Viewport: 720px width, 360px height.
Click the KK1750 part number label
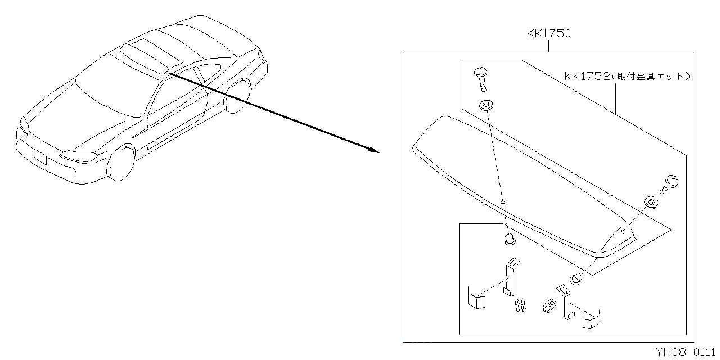point(548,33)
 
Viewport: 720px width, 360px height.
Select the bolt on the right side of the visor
point(670,184)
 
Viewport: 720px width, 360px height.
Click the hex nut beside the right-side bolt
point(651,202)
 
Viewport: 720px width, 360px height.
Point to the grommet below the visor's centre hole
point(510,240)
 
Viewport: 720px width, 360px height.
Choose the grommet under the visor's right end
point(576,277)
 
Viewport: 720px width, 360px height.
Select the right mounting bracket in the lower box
point(566,304)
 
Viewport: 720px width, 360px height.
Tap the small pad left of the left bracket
point(476,299)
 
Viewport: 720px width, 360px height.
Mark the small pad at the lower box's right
point(591,321)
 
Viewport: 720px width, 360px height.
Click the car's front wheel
point(120,164)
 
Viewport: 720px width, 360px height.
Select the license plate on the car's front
point(40,156)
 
